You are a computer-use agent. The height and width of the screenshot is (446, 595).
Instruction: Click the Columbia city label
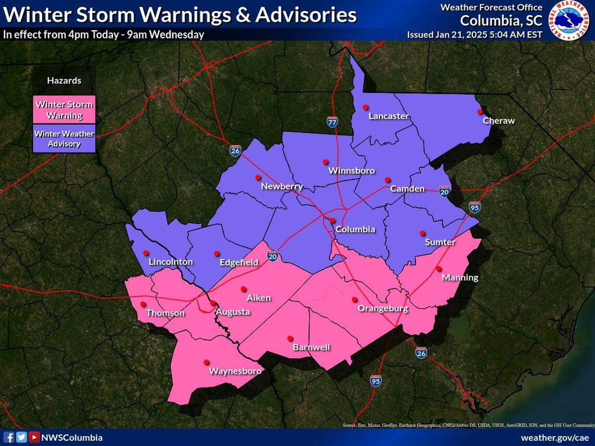click(355, 229)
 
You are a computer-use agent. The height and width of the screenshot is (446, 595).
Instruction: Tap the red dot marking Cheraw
click(479, 112)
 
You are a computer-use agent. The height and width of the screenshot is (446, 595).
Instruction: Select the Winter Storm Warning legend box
click(64, 110)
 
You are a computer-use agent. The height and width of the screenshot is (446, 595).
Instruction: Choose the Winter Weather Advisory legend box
click(64, 138)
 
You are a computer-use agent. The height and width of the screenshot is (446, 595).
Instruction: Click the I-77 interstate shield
click(332, 122)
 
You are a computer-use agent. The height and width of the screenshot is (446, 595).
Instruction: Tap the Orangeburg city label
click(383, 308)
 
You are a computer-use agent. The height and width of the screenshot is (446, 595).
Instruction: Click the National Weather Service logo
click(571, 20)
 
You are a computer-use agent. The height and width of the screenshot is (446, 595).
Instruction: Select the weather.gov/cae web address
click(555, 438)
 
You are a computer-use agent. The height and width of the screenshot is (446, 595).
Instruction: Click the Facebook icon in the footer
click(9, 437)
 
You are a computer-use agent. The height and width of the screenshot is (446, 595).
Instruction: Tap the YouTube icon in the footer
click(33, 437)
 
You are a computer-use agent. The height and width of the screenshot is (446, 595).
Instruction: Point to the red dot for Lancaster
click(365, 107)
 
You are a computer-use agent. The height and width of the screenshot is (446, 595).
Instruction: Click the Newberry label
click(281, 186)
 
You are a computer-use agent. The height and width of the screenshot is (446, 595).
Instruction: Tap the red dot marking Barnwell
click(290, 337)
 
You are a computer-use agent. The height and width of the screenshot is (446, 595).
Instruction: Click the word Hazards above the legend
click(64, 80)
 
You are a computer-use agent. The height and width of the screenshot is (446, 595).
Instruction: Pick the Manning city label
click(460, 278)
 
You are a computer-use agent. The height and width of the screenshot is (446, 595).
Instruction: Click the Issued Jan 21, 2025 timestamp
click(474, 34)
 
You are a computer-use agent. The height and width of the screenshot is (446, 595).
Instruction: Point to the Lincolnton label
click(171, 262)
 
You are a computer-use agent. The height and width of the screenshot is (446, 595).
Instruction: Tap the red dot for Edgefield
click(217, 254)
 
